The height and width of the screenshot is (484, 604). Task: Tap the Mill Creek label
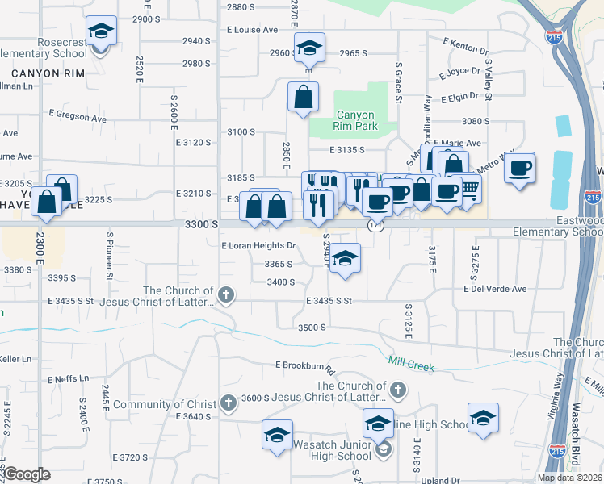[x=411, y=364]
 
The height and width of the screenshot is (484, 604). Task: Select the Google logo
[x=27, y=474]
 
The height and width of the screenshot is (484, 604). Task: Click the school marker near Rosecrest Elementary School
[x=100, y=33]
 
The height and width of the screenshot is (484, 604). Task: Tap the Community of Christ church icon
[x=229, y=402]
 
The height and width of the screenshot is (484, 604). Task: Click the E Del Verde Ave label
[x=494, y=289]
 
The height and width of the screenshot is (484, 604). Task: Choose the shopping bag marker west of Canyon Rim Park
[x=303, y=98]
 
